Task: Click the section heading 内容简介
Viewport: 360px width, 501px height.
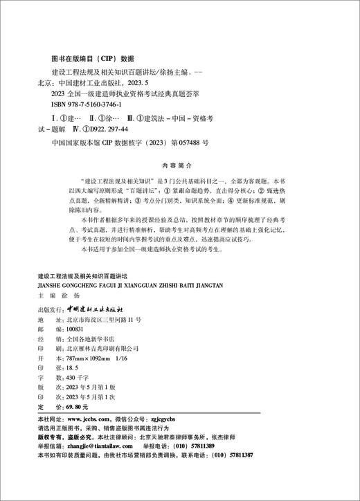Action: coord(179,166)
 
